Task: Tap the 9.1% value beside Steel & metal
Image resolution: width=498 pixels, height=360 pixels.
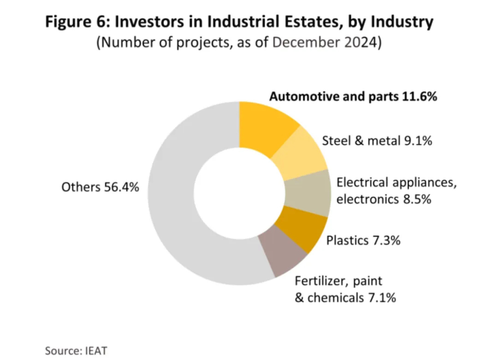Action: (x=418, y=141)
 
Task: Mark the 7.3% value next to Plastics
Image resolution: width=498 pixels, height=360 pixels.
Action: (x=386, y=240)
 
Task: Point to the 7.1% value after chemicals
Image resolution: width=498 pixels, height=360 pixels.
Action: (x=381, y=298)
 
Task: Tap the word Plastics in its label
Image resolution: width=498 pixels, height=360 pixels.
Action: (x=347, y=240)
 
